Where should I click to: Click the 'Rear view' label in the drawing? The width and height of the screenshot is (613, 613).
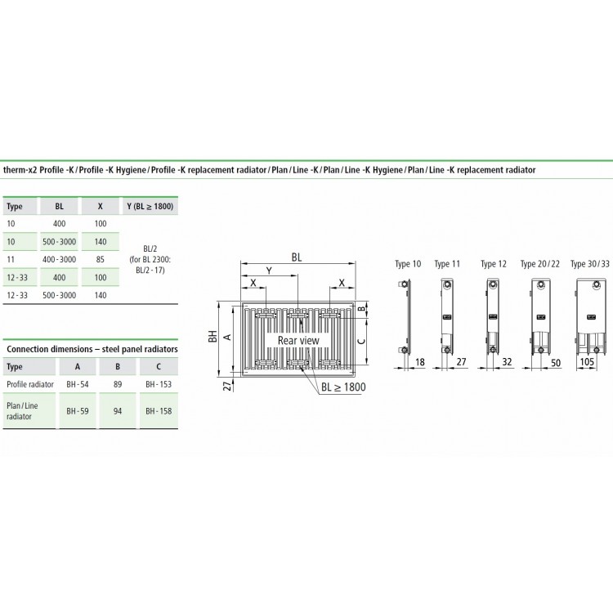tap(298, 340)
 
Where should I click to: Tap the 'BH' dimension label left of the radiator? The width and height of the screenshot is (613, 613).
tap(213, 336)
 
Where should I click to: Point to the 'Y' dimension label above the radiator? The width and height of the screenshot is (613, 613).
tap(268, 271)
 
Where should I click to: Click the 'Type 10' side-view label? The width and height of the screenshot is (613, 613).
tap(408, 264)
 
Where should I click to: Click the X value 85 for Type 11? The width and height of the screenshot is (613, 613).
tap(100, 259)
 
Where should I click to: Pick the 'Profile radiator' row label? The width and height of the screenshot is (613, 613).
tap(30, 383)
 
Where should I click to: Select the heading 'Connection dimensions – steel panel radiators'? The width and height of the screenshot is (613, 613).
tap(92, 349)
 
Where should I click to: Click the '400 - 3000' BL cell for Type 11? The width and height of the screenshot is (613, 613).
tap(60, 259)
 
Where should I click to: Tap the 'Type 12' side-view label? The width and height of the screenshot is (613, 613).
tap(494, 264)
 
